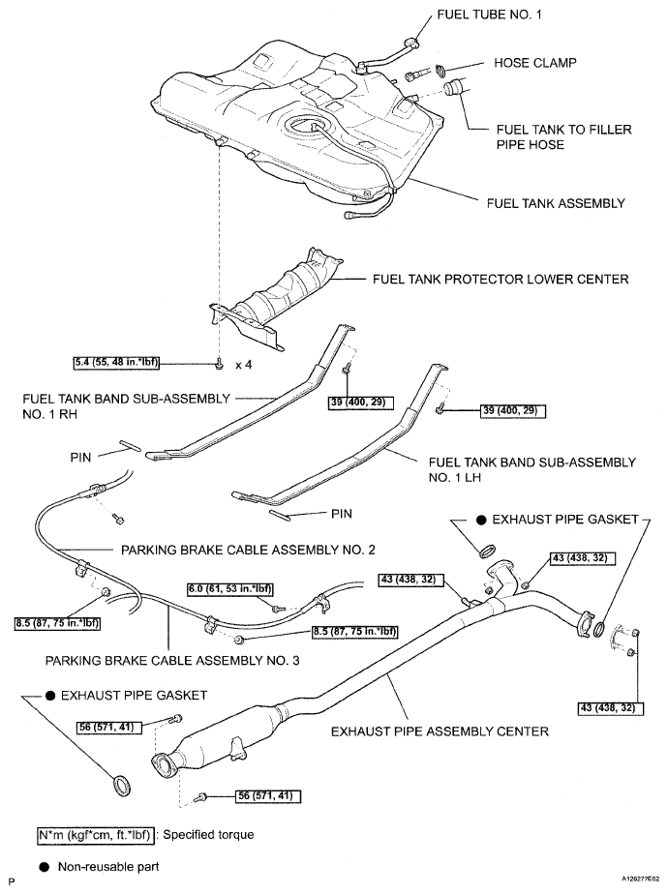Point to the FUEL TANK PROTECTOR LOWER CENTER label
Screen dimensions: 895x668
pos(501,279)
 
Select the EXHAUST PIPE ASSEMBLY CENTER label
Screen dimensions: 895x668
pos(440,731)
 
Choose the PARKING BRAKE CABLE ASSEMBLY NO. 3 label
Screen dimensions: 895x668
pos(172,662)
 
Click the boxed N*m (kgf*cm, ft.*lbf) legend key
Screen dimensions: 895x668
pos(93,834)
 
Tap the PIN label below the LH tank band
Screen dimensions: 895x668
pos(341,515)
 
